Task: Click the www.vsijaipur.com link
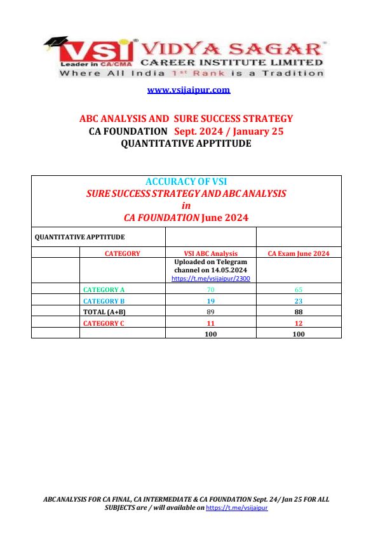(189, 90)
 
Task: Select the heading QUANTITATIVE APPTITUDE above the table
(186, 144)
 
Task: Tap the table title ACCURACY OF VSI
(186, 182)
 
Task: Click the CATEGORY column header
(122, 253)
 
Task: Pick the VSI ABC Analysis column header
(210, 253)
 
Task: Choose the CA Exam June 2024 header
(299, 253)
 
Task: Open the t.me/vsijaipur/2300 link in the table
(210, 279)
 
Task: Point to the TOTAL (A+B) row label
(105, 312)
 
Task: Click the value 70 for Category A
(210, 290)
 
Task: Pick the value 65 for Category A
(299, 290)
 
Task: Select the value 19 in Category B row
(210, 301)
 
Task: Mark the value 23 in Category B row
(299, 301)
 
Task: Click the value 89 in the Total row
(210, 312)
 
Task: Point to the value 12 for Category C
(299, 323)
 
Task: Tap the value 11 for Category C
(210, 323)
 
